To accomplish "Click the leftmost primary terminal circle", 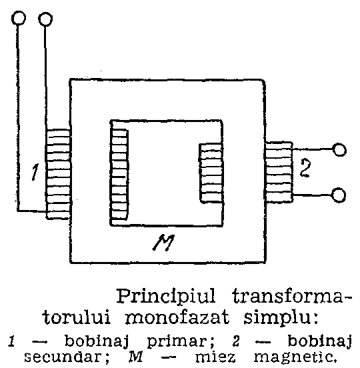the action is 19,18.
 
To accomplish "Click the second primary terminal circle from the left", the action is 45,19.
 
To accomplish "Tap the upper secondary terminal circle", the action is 339,149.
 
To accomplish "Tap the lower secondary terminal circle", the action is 338,195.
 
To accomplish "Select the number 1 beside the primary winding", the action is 35,172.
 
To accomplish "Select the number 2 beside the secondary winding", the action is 305,168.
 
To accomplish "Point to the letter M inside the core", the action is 163,243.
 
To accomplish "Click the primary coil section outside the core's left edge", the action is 58,174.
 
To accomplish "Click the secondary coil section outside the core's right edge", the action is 279,172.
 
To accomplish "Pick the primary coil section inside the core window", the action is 119,174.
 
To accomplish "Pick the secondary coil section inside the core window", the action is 211,173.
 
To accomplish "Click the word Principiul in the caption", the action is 166,297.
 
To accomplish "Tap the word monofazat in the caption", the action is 177,318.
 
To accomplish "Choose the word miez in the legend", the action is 215,357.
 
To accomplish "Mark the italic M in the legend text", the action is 136,357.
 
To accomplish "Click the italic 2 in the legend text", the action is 236,341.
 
